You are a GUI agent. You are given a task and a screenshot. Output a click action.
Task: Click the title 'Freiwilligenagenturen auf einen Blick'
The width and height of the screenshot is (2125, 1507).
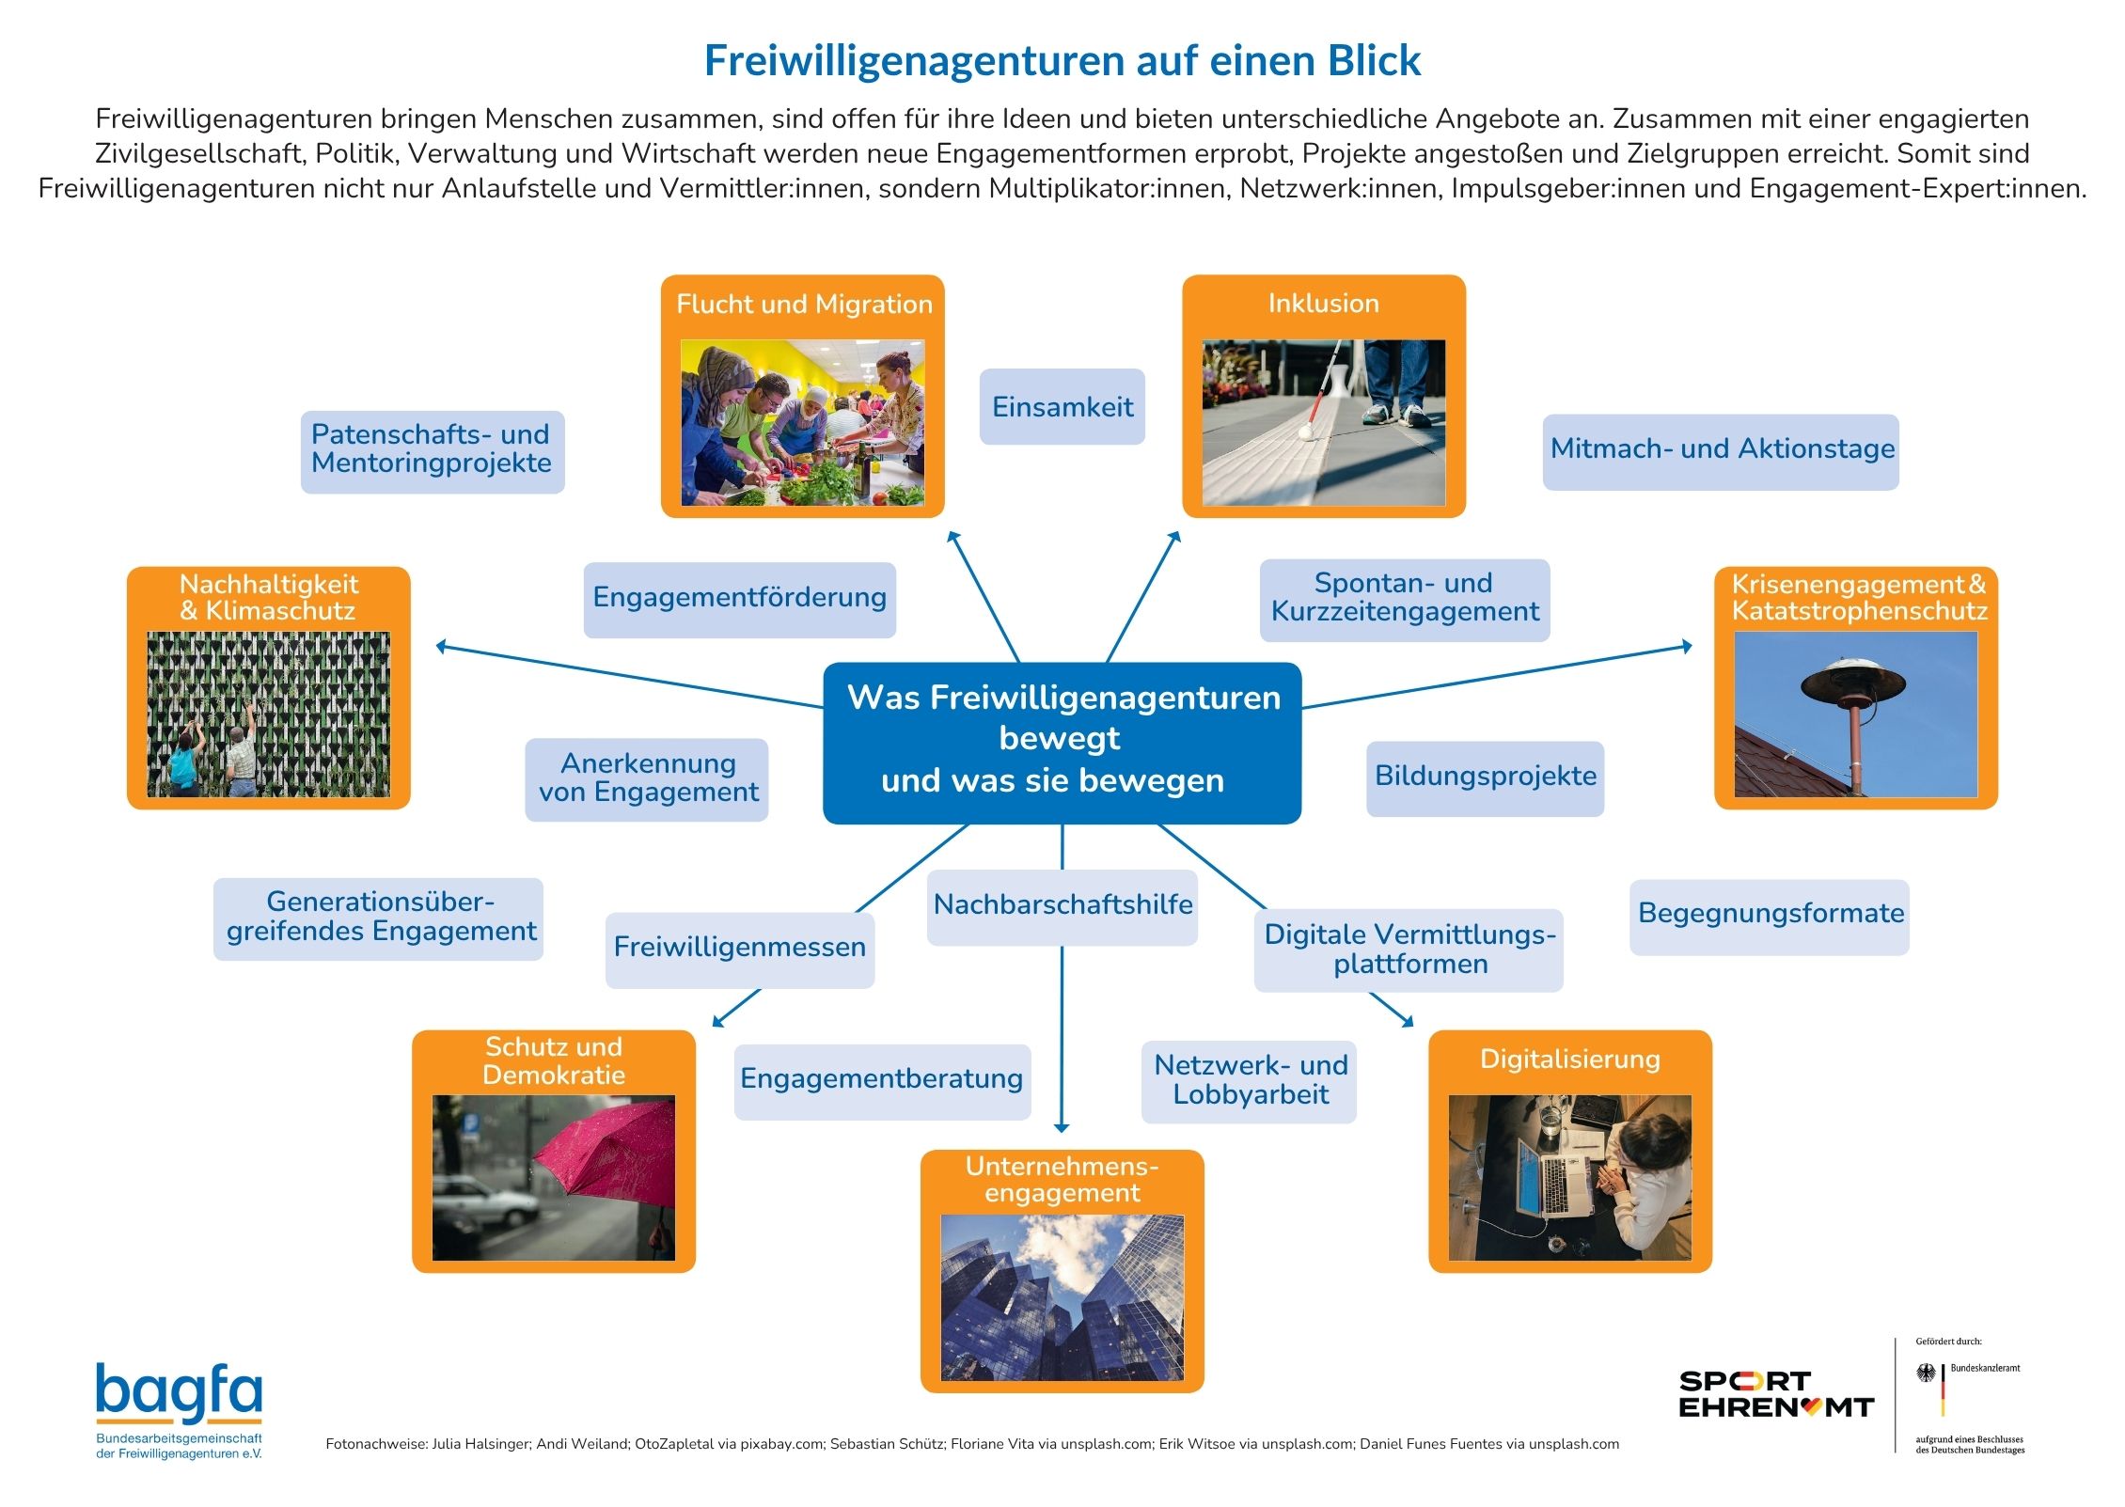point(1062,60)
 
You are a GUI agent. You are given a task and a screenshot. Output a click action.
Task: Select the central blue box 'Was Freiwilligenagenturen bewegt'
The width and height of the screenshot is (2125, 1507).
point(1062,743)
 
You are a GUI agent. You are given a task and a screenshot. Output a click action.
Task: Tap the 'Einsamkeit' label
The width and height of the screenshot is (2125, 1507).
point(1062,406)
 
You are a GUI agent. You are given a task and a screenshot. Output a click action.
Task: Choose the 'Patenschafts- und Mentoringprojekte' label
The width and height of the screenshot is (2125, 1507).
point(433,451)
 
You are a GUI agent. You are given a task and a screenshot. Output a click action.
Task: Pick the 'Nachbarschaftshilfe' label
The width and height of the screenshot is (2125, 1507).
point(1062,906)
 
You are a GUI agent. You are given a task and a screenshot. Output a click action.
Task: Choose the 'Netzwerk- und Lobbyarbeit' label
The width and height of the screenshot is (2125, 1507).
point(1249,1081)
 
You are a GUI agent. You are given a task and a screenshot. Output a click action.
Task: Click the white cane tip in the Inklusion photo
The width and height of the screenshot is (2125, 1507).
point(1304,433)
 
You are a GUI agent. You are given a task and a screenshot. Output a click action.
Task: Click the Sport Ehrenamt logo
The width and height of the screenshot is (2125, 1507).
point(1775,1394)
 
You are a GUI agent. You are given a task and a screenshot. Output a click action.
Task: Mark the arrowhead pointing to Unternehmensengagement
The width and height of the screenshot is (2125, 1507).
point(1062,1127)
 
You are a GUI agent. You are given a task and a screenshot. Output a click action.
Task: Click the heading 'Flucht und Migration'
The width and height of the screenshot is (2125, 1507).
point(804,305)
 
